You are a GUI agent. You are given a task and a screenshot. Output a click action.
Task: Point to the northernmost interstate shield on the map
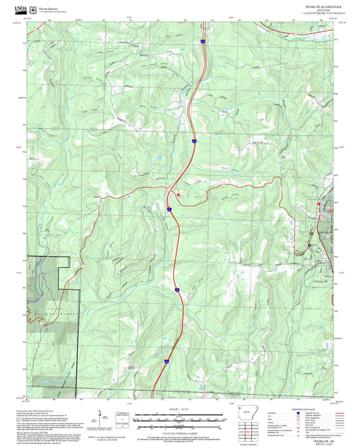coord(202,42)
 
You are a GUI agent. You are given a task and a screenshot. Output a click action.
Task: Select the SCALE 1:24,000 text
coord(180,409)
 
